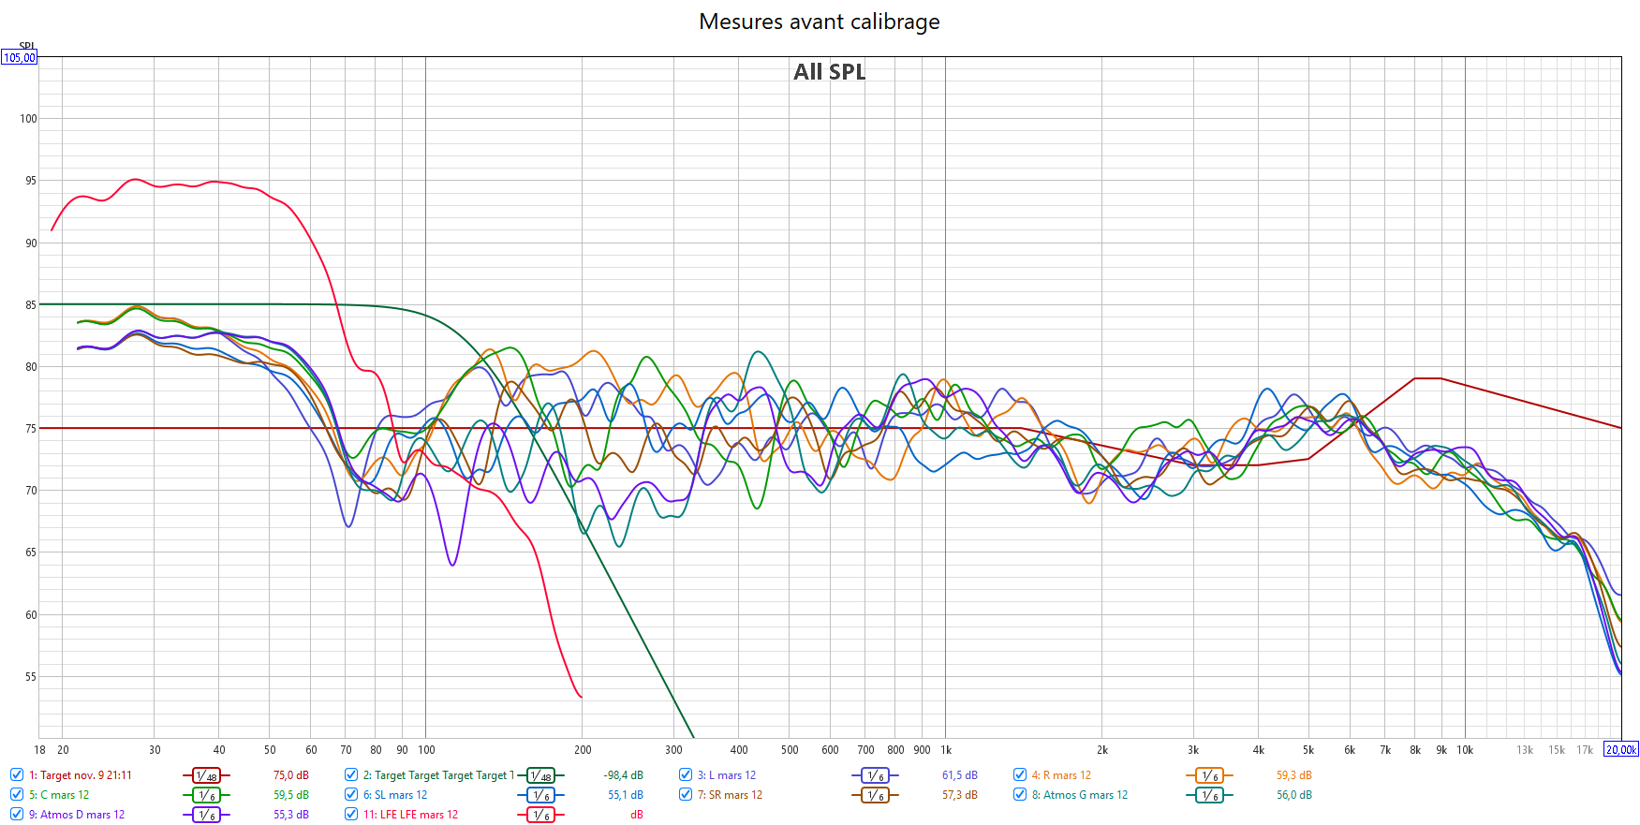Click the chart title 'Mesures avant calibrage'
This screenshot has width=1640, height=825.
coord(819,22)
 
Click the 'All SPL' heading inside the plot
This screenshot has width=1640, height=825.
coord(829,72)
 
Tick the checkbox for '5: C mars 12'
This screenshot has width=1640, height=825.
coord(17,795)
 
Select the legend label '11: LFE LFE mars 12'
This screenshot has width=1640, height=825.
coord(410,815)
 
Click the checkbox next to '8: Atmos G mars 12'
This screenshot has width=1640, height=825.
coord(1020,795)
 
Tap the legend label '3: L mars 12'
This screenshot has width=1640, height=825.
coord(726,775)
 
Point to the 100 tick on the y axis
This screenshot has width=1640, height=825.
coord(28,119)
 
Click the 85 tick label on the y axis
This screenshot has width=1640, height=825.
coord(31,305)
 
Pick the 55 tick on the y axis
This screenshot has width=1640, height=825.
coord(31,677)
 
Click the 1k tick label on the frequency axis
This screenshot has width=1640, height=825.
coord(946,750)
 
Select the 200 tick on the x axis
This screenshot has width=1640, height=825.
coord(583,750)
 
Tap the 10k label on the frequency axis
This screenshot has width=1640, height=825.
coord(1465,750)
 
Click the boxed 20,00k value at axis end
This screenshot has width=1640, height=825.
coord(1621,750)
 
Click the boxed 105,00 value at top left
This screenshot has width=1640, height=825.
coord(19,58)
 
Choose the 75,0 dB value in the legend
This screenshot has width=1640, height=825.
coord(290,775)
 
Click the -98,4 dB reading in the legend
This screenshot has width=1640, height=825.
coord(623,775)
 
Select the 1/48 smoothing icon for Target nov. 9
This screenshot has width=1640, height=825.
coord(206,775)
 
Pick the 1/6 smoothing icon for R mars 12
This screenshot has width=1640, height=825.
coord(1209,775)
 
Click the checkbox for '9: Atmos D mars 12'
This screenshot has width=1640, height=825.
coord(17,815)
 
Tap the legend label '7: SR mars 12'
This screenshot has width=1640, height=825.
coord(730,795)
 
